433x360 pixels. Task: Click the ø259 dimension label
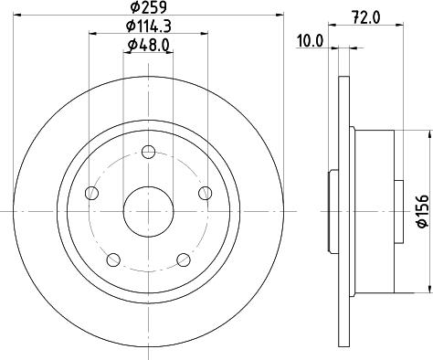pyautogui.click(x=149, y=7)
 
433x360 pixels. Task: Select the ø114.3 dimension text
pyautogui.click(x=149, y=26)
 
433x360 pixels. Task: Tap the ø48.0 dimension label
pyautogui.click(x=149, y=46)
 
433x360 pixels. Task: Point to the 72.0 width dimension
pyautogui.click(x=366, y=17)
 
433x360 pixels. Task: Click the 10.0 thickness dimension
pyautogui.click(x=310, y=41)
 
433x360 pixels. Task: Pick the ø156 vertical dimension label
pyautogui.click(x=422, y=211)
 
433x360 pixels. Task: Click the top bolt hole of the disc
pyautogui.click(x=149, y=152)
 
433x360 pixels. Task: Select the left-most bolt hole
pyautogui.click(x=91, y=193)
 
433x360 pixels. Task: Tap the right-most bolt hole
pyautogui.click(x=206, y=193)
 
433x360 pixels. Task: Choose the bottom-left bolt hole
pyautogui.click(x=113, y=259)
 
